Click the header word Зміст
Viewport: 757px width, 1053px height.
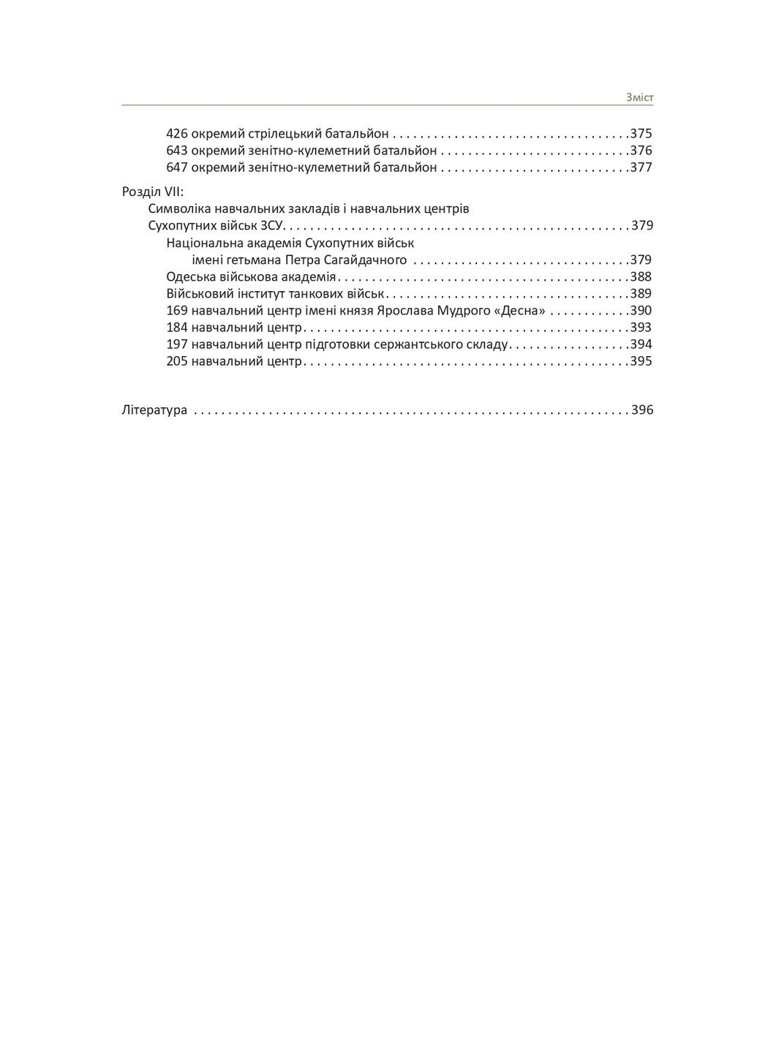coord(639,97)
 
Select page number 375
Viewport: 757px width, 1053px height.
coord(641,134)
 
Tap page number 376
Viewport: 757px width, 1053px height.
coord(641,151)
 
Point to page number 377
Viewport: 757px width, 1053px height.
coord(641,167)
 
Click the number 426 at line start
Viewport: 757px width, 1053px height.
coord(177,134)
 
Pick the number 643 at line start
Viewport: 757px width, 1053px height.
coord(177,151)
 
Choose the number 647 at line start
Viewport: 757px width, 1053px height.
coord(177,167)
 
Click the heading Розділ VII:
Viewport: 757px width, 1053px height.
coord(153,192)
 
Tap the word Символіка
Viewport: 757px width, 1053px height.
coord(180,208)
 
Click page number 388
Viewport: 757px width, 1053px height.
coord(641,277)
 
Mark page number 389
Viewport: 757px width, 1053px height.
coord(641,294)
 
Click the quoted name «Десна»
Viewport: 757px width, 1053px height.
coord(520,311)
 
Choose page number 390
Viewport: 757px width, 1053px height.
coord(641,311)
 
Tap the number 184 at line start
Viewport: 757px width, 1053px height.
coord(177,328)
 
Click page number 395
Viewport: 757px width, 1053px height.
coord(641,361)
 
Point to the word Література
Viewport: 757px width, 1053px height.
coord(154,410)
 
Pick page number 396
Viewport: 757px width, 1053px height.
coord(642,410)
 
